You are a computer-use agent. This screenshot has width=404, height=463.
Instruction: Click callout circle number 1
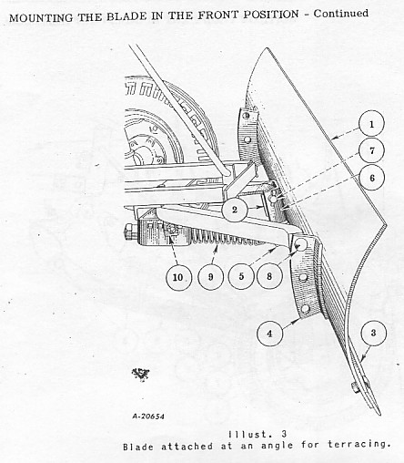click(x=371, y=124)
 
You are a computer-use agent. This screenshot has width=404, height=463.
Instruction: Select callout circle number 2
click(x=234, y=210)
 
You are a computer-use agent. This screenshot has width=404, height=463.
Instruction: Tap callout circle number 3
click(x=373, y=333)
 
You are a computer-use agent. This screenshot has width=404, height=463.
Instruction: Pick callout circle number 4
click(x=269, y=334)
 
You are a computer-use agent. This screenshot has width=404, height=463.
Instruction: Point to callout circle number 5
click(x=241, y=276)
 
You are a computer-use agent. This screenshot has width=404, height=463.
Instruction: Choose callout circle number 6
click(x=372, y=178)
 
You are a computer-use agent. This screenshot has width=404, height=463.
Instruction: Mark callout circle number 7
click(x=372, y=150)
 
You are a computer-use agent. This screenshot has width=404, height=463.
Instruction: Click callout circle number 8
click(x=269, y=276)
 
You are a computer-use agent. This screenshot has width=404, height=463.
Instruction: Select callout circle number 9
click(x=210, y=277)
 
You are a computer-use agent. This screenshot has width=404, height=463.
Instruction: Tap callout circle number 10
click(x=179, y=277)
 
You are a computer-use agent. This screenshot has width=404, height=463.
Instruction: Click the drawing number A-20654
click(x=148, y=416)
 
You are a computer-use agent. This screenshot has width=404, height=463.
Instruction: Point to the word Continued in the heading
click(x=341, y=14)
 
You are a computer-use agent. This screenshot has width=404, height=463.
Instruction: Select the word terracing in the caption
click(x=359, y=444)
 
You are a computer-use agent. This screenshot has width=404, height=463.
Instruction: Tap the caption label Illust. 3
click(x=258, y=434)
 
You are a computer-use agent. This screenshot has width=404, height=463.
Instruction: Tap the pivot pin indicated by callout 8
click(x=300, y=243)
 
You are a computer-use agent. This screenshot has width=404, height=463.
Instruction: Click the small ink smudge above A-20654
click(x=140, y=374)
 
